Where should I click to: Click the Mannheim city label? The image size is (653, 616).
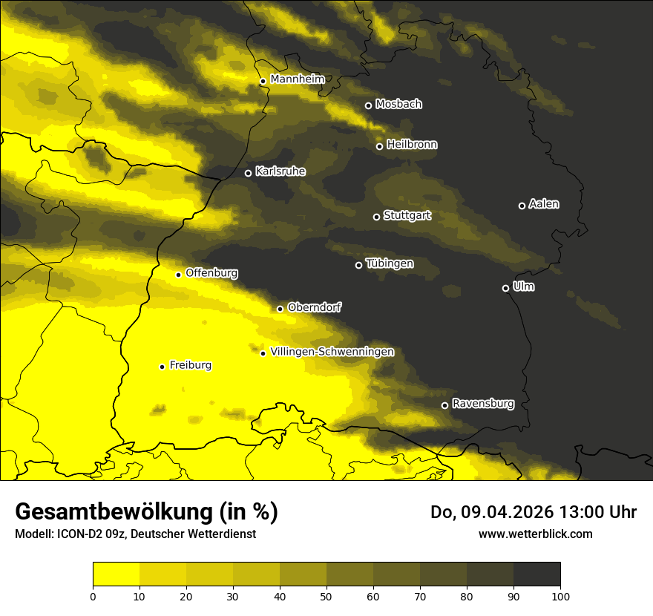(297, 79)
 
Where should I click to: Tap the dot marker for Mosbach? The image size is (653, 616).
(368, 105)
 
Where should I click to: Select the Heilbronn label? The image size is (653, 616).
(412, 144)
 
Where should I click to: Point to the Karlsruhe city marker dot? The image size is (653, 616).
(248, 174)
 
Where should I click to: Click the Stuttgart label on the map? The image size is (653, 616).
(407, 215)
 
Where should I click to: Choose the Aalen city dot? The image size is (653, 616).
(522, 206)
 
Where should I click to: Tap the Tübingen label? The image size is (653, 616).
(390, 263)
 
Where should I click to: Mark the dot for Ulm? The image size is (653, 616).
(505, 288)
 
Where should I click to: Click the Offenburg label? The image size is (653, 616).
(211, 273)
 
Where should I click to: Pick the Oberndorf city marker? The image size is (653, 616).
(280, 309)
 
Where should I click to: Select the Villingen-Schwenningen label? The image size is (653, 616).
(332, 352)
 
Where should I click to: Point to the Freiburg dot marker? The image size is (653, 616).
(162, 367)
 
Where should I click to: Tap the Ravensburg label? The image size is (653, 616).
(483, 404)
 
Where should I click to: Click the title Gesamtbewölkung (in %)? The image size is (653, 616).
(146, 511)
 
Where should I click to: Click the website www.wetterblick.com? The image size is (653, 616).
(535, 534)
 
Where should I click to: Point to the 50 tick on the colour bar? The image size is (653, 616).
(326, 595)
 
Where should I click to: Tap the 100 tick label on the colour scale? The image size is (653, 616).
(560, 595)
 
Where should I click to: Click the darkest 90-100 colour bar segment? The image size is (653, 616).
(536, 574)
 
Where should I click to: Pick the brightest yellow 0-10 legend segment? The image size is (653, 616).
(116, 574)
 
